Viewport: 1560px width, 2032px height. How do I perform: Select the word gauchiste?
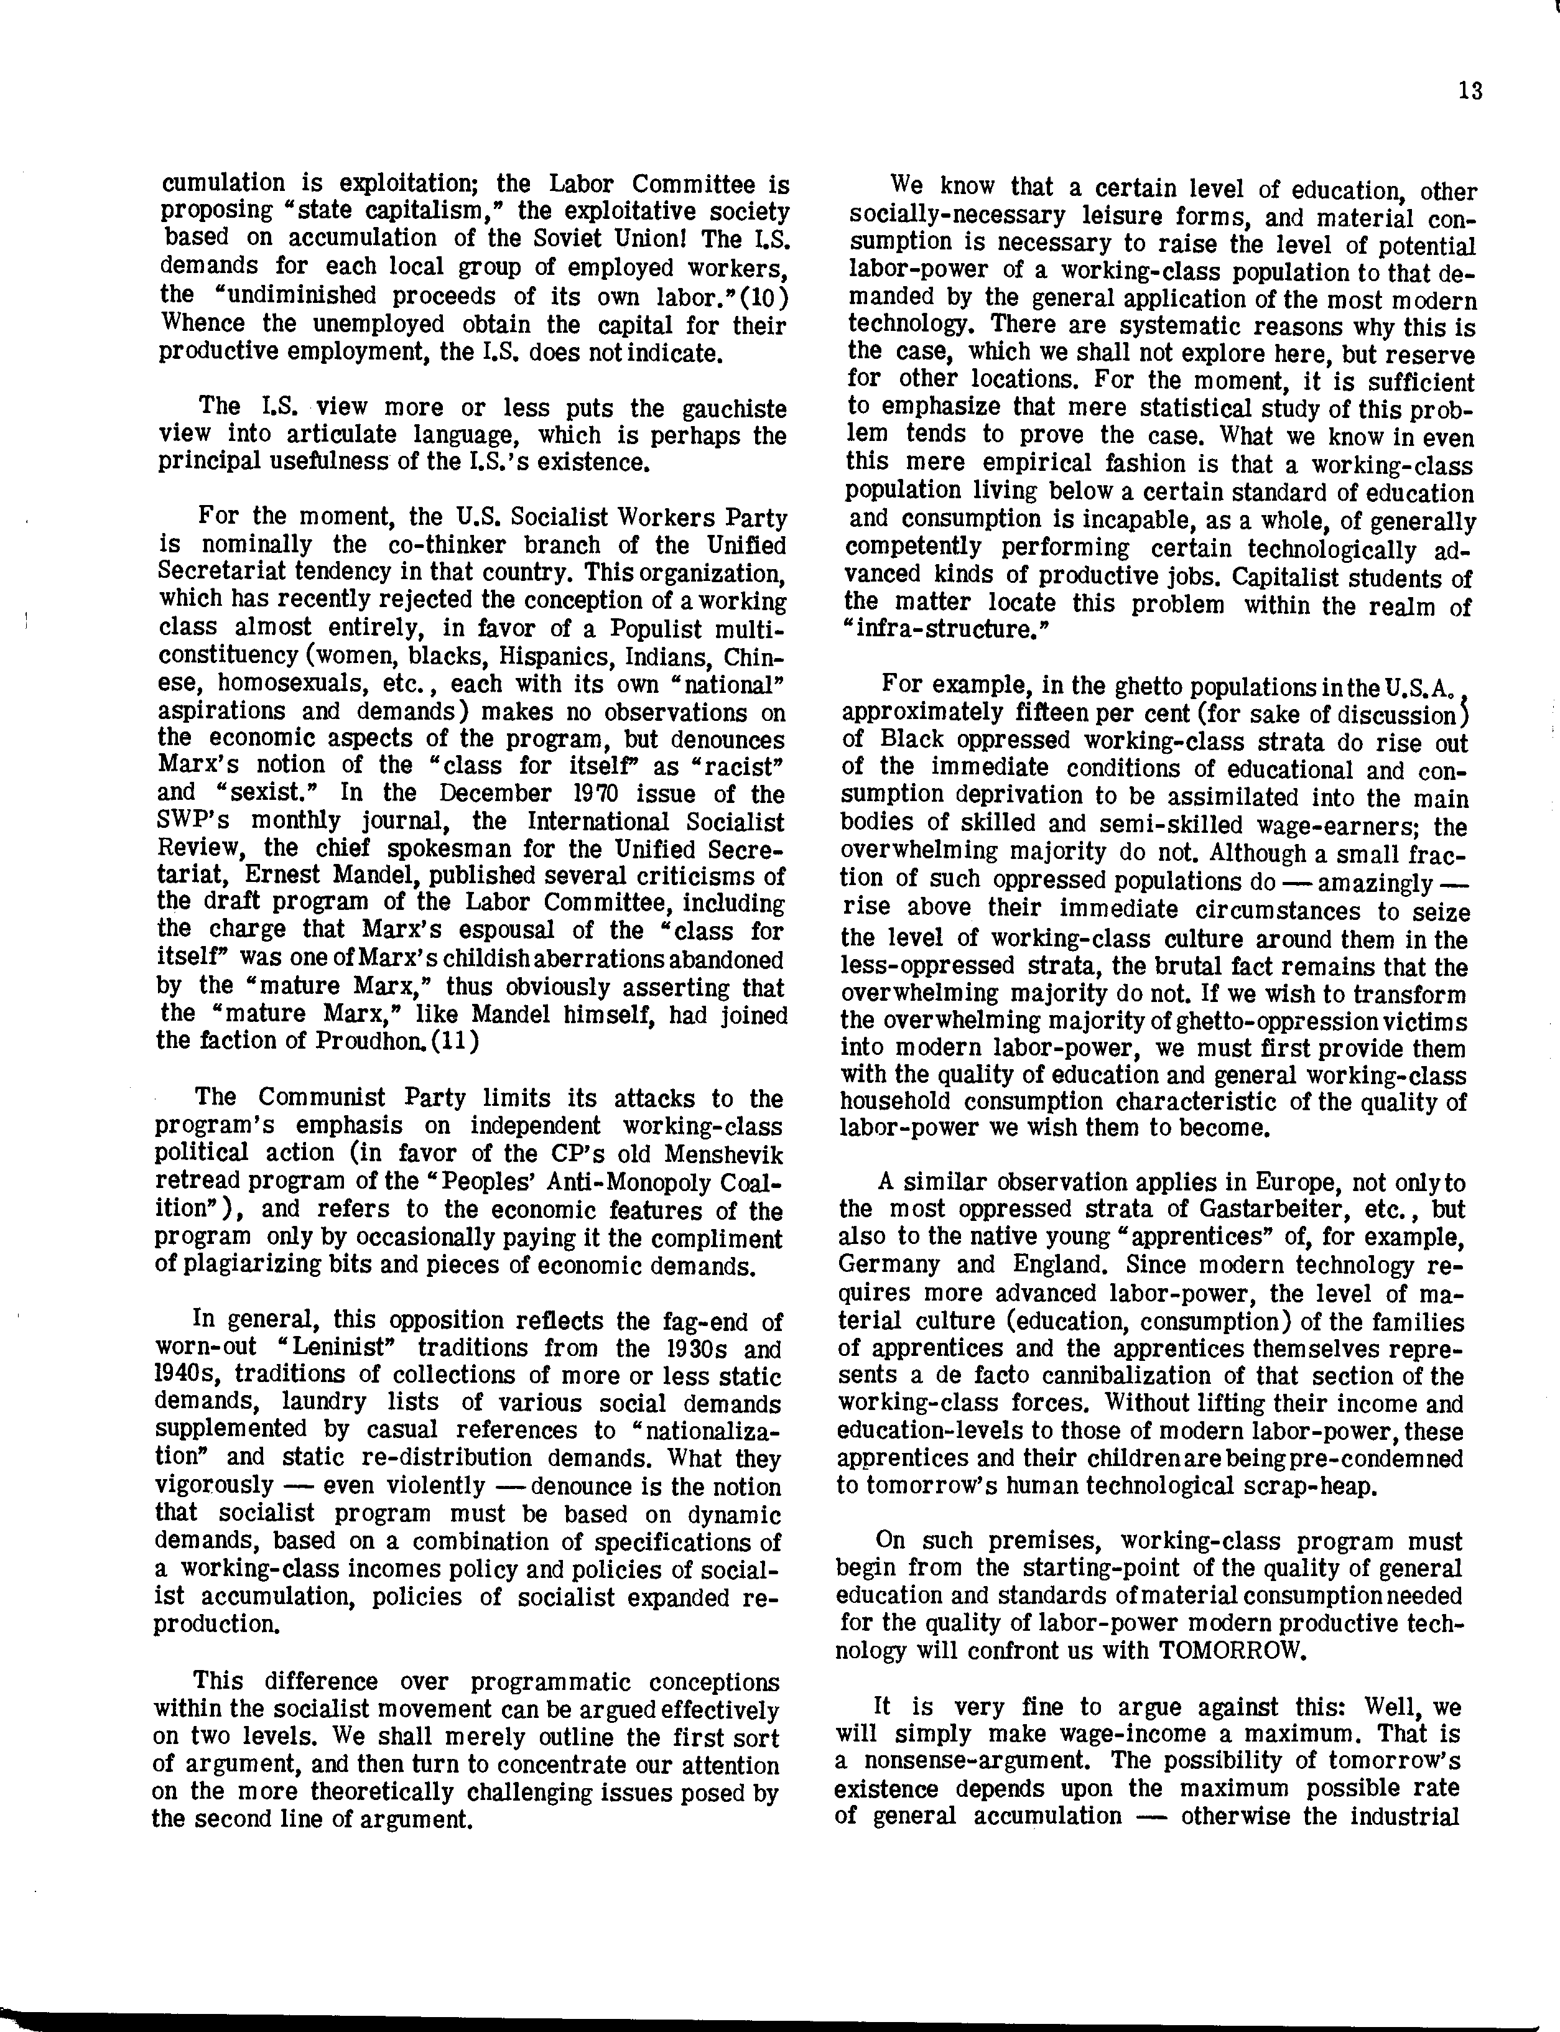point(735,409)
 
